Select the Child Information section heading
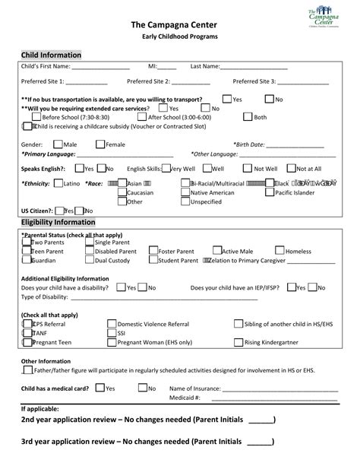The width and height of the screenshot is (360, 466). [x=51, y=55]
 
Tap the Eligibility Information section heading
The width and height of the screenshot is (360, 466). [x=58, y=222]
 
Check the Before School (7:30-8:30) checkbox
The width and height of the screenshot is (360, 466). [x=37, y=117]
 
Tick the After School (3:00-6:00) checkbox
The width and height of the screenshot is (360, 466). [x=144, y=117]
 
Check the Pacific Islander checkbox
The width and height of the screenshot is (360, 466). [x=270, y=192]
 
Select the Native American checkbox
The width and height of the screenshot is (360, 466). [x=186, y=192]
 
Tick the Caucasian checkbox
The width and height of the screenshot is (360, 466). [x=122, y=192]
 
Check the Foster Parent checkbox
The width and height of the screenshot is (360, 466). [x=153, y=251]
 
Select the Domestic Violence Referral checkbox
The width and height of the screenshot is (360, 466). [x=112, y=323]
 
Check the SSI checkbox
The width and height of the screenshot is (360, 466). [x=112, y=332]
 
